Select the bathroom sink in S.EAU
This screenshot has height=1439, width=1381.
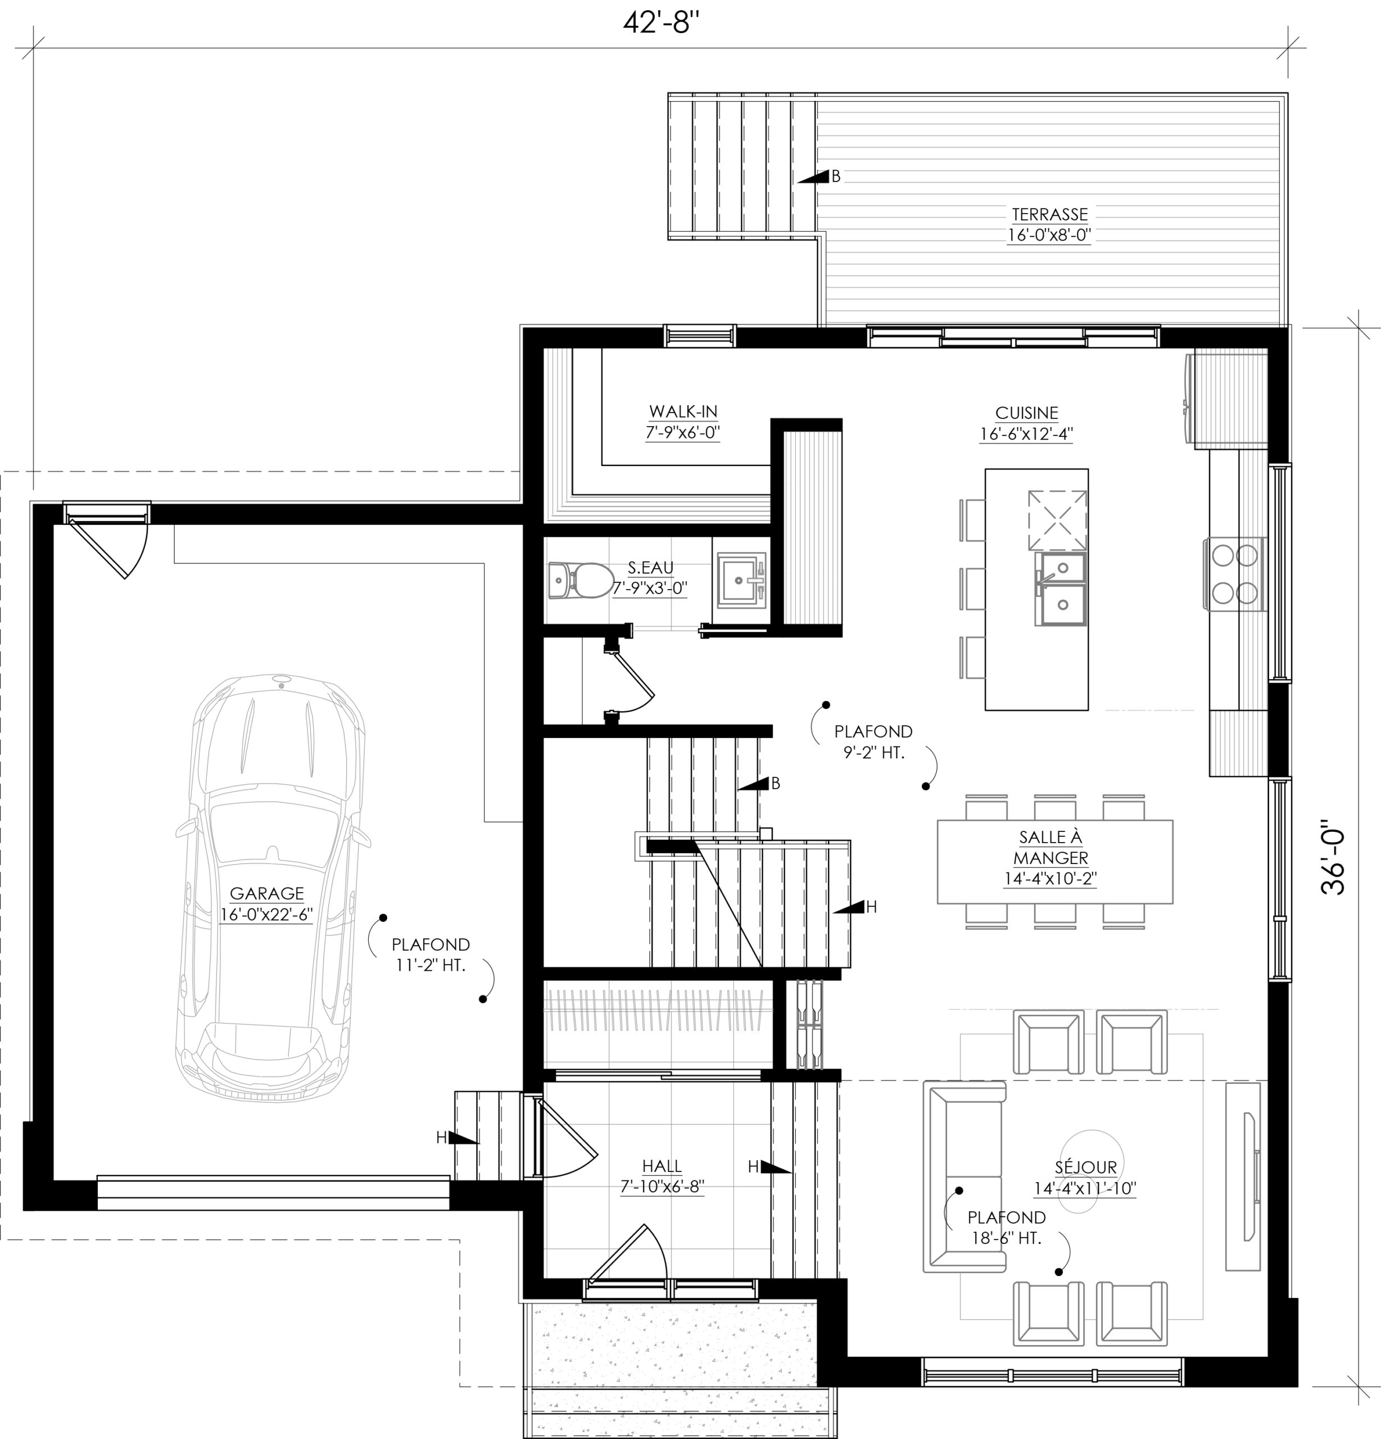coord(741,580)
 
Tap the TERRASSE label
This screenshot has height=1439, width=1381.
coord(1050,214)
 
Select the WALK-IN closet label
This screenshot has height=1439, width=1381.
coord(683,412)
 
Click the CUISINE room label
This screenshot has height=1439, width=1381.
coord(1026,413)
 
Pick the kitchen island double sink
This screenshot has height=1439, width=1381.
coord(1060,589)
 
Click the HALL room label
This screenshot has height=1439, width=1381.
coord(662,1166)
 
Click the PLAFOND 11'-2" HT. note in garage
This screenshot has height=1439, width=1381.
coord(430,954)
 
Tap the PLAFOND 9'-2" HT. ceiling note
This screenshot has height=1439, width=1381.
coord(873,741)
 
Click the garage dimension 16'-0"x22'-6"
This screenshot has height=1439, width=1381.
coord(266,915)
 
